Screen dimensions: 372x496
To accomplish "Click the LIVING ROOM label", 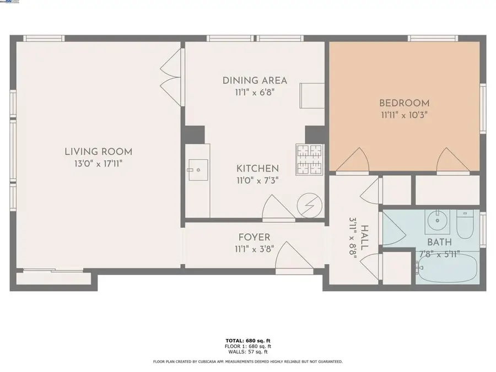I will tap(98, 152).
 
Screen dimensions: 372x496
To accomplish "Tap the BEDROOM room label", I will tap(404, 103).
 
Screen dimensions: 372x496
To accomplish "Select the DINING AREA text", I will tap(255, 80).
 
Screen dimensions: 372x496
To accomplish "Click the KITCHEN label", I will tap(257, 168).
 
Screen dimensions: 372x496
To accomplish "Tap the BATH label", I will tap(439, 242).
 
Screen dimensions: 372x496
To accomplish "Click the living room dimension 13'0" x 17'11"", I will tap(98, 164).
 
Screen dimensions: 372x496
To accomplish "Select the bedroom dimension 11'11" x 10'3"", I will tap(404, 115).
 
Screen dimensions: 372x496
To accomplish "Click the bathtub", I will tap(447, 268).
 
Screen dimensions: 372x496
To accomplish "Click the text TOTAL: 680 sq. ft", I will tap(248, 341).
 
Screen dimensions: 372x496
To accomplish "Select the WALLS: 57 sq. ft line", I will tap(248, 352).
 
